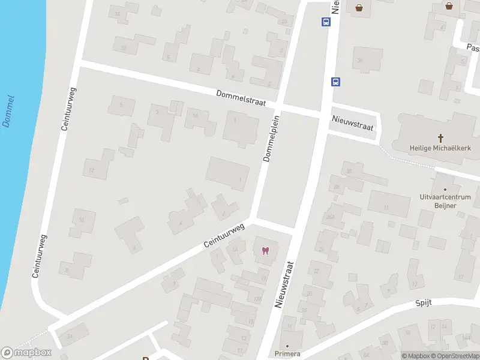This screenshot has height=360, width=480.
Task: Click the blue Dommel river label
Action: click(9, 110)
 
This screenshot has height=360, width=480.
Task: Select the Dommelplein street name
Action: click(272, 139)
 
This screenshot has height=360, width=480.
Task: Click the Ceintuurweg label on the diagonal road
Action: click(224, 235)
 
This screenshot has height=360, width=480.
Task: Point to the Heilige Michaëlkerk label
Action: click(440, 148)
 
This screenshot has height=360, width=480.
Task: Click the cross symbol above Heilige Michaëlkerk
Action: click(440, 137)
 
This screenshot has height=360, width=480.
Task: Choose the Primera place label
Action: click(287, 354)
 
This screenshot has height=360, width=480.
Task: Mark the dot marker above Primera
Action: click(287, 346)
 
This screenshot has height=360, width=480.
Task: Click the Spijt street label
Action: click(423, 303)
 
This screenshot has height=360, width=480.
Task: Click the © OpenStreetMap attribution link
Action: click(454, 356)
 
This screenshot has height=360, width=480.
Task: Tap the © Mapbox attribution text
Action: click(416, 356)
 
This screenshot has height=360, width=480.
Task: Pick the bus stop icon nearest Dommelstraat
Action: click(336, 82)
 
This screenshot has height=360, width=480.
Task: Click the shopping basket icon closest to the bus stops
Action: click(359, 8)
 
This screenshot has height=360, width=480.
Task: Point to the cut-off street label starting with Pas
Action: click(473, 46)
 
